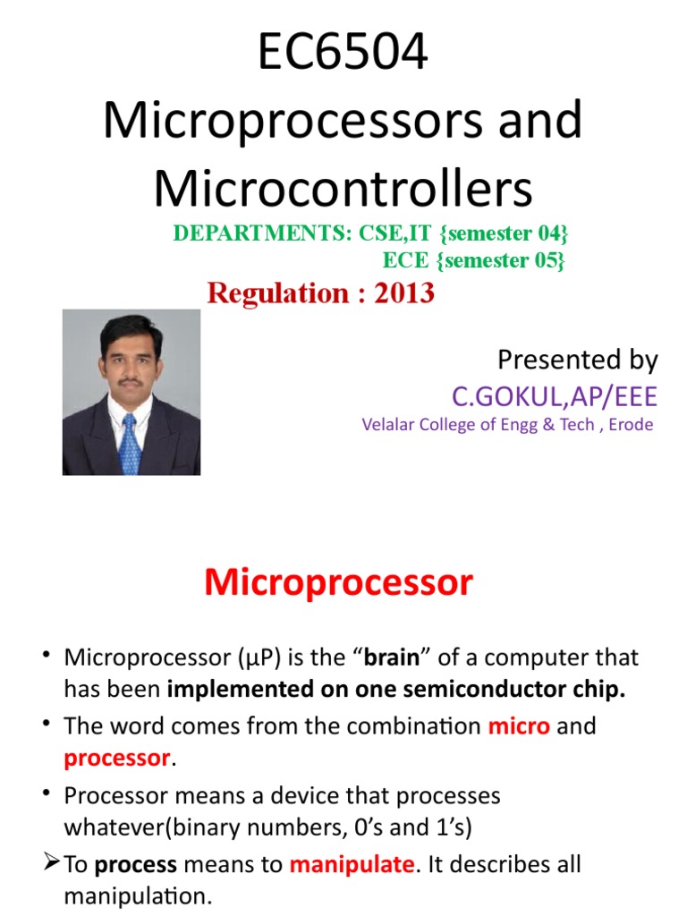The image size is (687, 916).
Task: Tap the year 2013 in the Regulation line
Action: pyautogui.click(x=404, y=293)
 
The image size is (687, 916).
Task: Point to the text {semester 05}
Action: pyautogui.click(x=505, y=260)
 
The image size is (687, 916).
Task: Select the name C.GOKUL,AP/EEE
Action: pyautogui.click(x=555, y=396)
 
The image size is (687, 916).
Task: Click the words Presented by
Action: pyautogui.click(x=577, y=360)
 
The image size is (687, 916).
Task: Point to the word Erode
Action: pyautogui.click(x=631, y=425)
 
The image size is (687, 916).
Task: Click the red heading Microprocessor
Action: pyautogui.click(x=338, y=583)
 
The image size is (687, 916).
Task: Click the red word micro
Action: pyautogui.click(x=519, y=725)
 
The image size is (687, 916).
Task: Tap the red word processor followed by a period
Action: pyautogui.click(x=117, y=759)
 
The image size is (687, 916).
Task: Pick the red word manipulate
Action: pyautogui.click(x=352, y=864)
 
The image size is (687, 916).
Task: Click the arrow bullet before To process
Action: pyautogui.click(x=50, y=864)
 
